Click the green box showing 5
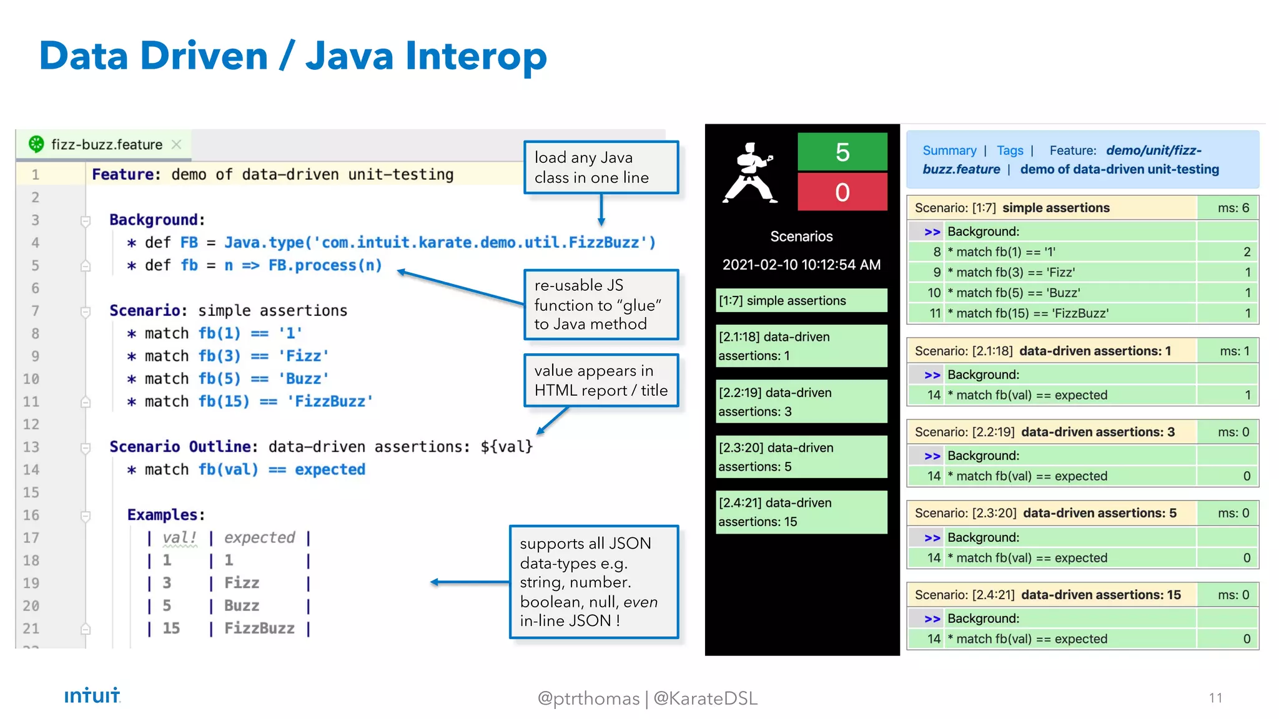click(842, 152)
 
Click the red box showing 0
click(842, 192)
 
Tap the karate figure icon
click(749, 174)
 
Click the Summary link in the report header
click(949, 150)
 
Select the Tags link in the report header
click(1009, 150)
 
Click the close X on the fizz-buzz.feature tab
click(177, 145)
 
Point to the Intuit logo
click(92, 695)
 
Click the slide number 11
click(1215, 698)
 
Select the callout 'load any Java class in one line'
click(600, 167)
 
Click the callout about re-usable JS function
click(600, 305)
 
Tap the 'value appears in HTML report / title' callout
click(600, 380)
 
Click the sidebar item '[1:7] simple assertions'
click(801, 301)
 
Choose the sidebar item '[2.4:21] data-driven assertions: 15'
click(801, 512)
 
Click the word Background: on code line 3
click(157, 220)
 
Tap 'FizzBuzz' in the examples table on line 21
click(259, 629)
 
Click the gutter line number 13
click(31, 447)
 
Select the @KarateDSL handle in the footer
click(705, 698)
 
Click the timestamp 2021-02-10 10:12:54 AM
click(801, 265)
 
